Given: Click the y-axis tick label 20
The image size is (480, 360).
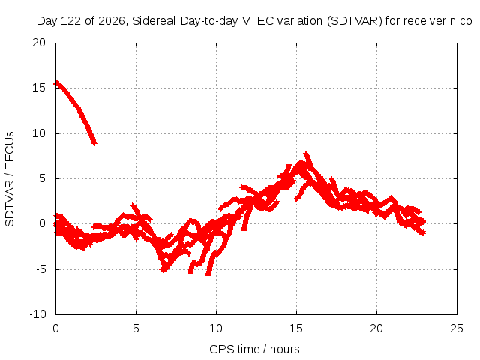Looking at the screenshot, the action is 39,43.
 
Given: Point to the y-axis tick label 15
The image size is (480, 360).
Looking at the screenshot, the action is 39,88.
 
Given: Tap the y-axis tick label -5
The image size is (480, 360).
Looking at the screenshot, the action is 40,269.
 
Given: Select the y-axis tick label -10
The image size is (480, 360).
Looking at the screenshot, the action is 37,314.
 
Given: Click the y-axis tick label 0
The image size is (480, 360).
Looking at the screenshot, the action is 43,223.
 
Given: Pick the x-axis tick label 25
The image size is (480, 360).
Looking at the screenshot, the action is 457,328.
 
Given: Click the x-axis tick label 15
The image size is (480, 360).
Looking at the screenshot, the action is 296,328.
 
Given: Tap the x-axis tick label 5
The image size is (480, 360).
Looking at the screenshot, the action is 136,328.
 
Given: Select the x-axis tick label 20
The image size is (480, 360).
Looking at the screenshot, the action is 376,328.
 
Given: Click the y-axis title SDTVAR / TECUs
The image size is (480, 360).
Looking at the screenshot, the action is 10,179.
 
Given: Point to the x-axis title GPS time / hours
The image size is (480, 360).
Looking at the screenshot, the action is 254,349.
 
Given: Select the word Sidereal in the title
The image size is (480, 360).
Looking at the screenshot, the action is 154,21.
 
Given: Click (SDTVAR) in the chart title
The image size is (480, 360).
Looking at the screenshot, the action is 355,21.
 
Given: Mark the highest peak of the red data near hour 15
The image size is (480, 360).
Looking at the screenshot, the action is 306,152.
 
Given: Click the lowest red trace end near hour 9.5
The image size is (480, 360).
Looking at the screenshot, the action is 208,275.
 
